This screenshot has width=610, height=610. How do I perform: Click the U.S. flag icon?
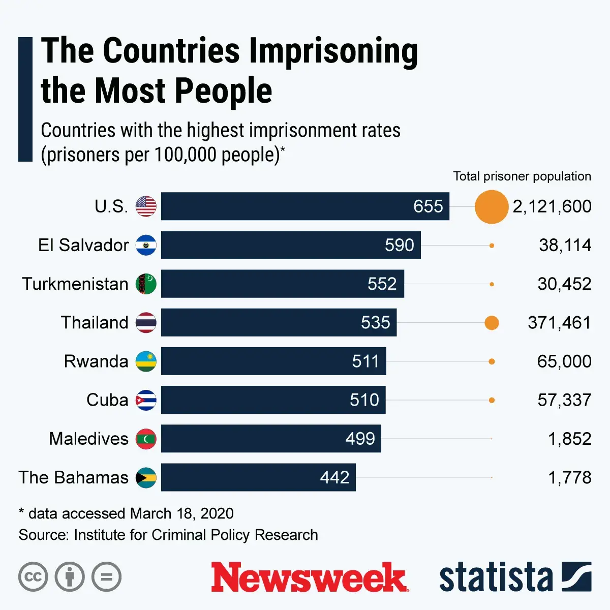pos(146,206)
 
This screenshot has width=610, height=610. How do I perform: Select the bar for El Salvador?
pos(291,245)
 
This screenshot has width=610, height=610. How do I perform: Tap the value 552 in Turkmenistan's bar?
pos(382,284)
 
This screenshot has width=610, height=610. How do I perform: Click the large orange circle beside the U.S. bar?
pos(492,206)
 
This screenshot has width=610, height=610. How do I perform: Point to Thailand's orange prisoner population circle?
pos(492,323)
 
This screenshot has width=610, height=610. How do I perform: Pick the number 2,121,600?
pos(552,206)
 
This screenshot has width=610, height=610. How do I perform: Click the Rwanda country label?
pos(96,361)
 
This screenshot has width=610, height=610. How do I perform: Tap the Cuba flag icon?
pos(146,400)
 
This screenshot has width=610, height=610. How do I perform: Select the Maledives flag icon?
pos(146,439)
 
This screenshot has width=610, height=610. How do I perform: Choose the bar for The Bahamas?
pos(258,477)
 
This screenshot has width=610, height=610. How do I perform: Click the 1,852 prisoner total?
pos(569,439)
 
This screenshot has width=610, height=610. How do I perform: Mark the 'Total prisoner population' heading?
pos(522,176)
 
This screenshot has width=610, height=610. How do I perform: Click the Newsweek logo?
pos(310,577)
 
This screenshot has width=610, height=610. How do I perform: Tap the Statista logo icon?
pos(576,577)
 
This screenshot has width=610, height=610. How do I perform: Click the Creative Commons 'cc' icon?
pos(33,577)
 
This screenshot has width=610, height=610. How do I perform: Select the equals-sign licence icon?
pos(107,577)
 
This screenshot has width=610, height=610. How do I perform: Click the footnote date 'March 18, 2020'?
pos(182,513)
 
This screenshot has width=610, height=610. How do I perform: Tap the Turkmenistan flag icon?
pos(146,284)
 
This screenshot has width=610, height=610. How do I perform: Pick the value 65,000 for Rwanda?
pos(564,361)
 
